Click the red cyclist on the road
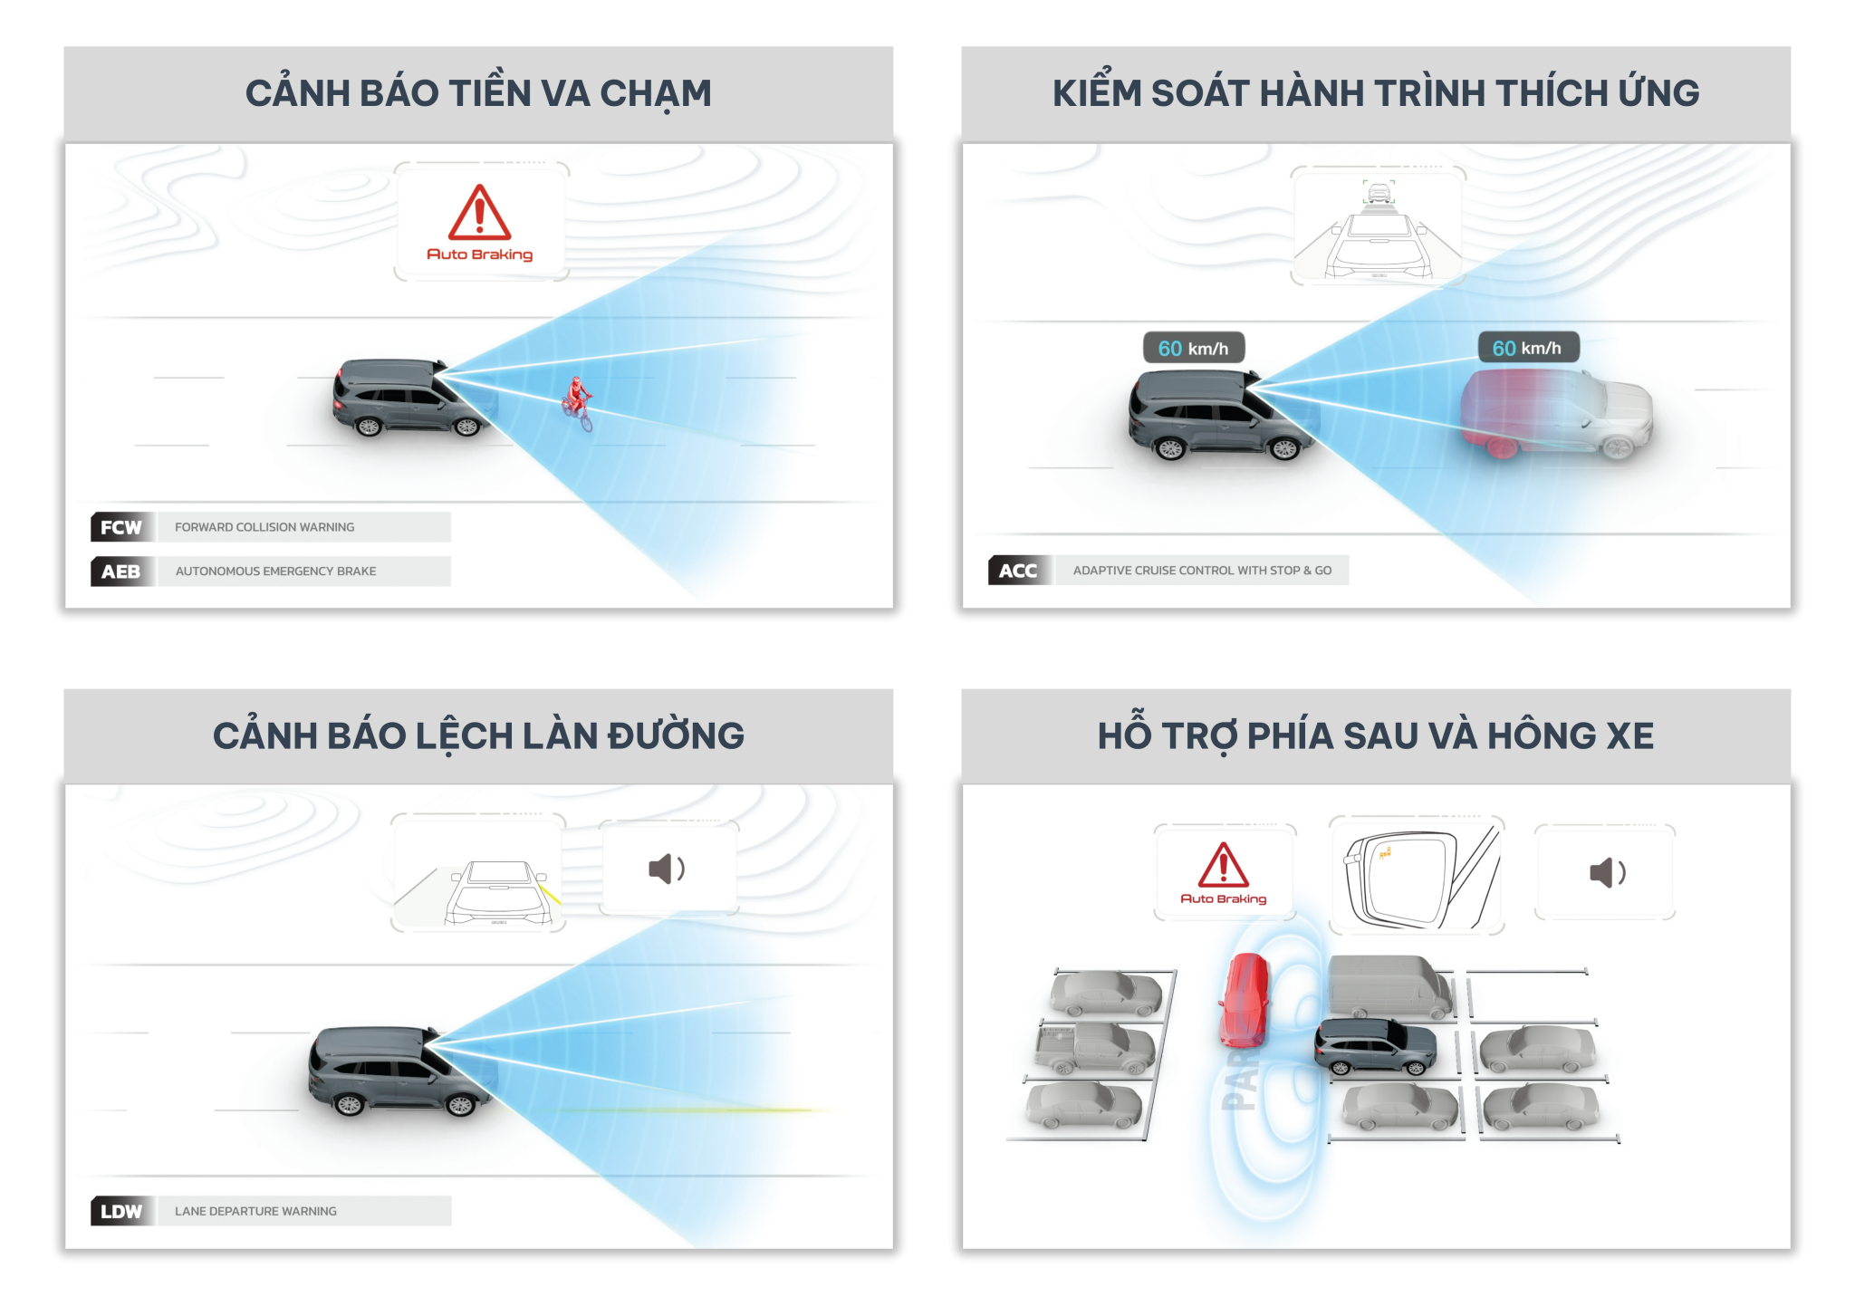click(577, 404)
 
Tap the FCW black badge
click(121, 527)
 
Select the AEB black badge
click(121, 572)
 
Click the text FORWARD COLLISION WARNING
click(264, 527)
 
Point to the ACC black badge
click(1018, 571)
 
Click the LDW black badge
click(121, 1211)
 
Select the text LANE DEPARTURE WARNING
click(255, 1211)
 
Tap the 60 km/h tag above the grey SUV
click(1193, 348)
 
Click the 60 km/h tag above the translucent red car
click(1527, 348)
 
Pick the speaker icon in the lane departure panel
click(668, 869)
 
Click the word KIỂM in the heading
click(1097, 93)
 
